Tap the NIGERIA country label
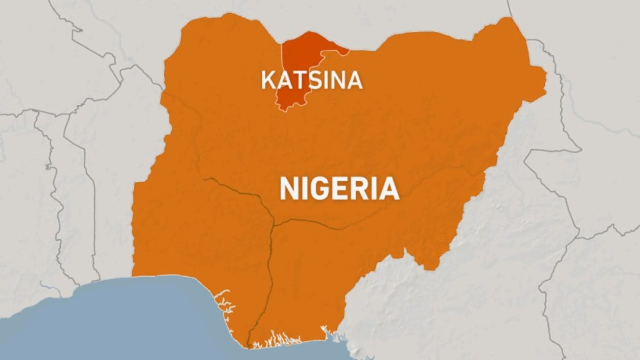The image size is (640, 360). click(x=339, y=188)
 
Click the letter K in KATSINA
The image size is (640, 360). click(x=267, y=80)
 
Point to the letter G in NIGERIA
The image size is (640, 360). click(x=317, y=188)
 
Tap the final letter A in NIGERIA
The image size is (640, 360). click(x=388, y=188)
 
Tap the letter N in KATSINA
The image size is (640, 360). click(x=338, y=80)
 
